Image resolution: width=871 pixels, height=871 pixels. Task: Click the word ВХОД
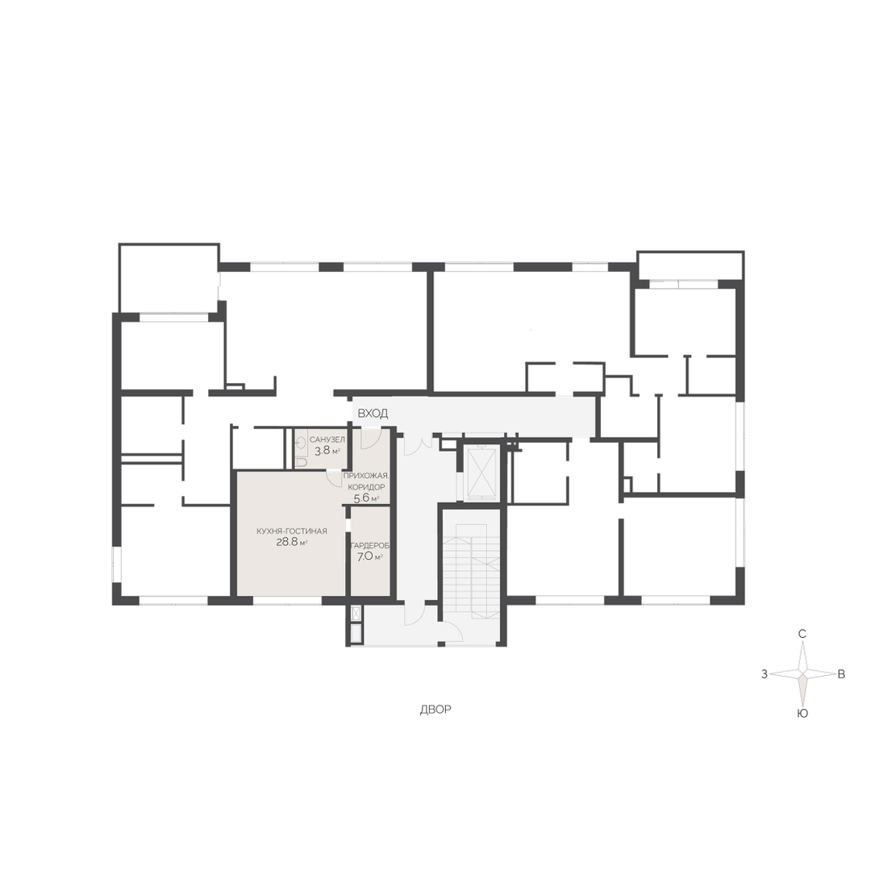click(x=372, y=414)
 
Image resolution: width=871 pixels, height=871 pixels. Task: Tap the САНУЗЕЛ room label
click(x=327, y=440)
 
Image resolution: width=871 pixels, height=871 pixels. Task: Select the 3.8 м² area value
click(x=327, y=451)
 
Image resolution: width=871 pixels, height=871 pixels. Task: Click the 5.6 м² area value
click(x=366, y=498)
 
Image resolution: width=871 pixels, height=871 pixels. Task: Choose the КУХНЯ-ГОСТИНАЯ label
click(x=292, y=531)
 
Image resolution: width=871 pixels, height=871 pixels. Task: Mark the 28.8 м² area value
click(x=292, y=543)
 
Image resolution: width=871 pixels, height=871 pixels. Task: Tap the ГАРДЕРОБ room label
click(x=370, y=546)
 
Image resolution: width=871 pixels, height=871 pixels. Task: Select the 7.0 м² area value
click(x=370, y=557)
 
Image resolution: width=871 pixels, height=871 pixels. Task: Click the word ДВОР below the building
click(x=435, y=710)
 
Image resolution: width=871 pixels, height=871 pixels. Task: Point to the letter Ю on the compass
click(x=802, y=714)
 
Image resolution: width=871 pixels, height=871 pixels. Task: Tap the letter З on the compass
click(x=765, y=674)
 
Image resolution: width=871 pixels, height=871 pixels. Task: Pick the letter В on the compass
click(x=841, y=674)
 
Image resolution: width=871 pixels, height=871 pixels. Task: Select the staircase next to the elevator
click(x=470, y=567)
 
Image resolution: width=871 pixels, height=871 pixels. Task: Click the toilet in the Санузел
click(x=302, y=461)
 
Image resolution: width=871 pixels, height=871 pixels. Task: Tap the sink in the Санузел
click(x=301, y=443)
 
